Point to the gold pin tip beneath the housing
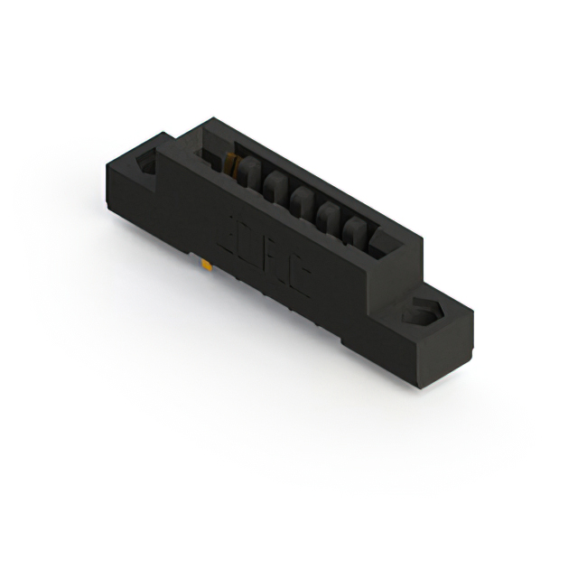[x=209, y=266]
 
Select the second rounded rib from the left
[x=275, y=189]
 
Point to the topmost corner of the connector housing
[x=210, y=118]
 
